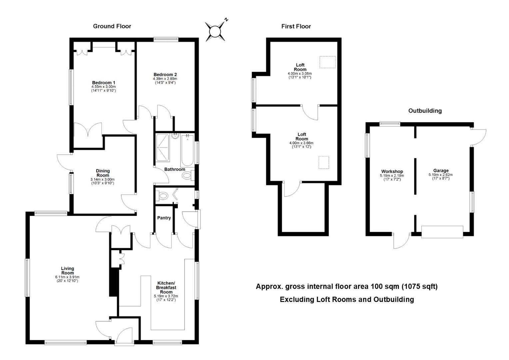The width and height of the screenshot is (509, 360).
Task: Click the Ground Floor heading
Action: pyautogui.click(x=112, y=26)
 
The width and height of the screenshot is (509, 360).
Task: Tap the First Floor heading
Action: pyautogui.click(x=296, y=26)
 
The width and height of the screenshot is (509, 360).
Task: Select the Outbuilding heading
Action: pyautogui.click(x=425, y=111)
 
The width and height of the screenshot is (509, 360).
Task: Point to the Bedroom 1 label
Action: pyautogui.click(x=104, y=83)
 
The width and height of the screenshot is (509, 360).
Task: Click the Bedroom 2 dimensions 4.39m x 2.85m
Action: pyautogui.click(x=165, y=79)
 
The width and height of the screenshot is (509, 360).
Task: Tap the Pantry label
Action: pyautogui.click(x=164, y=218)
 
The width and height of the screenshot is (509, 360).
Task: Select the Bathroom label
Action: pyautogui.click(x=175, y=169)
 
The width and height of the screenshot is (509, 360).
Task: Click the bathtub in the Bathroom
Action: pyautogui.click(x=187, y=151)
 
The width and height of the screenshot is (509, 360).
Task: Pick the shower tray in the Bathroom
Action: pyautogui.click(x=163, y=148)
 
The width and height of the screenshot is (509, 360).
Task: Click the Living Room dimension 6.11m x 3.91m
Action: pyautogui.click(x=67, y=277)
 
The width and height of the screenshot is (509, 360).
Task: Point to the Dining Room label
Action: pyautogui.click(x=103, y=173)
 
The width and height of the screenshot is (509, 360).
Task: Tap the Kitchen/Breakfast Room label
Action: pyautogui.click(x=166, y=287)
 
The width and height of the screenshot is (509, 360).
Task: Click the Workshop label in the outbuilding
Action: pyautogui.click(x=392, y=171)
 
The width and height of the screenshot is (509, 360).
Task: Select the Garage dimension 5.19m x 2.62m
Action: pyautogui.click(x=441, y=175)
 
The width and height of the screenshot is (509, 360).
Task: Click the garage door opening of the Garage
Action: pyautogui.click(x=442, y=232)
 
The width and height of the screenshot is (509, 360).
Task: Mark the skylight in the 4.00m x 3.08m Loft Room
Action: pyautogui.click(x=328, y=62)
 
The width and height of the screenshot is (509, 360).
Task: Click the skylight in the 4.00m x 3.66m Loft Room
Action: pyautogui.click(x=324, y=162)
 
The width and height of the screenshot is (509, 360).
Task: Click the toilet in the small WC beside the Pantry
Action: pyautogui.click(x=163, y=195)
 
